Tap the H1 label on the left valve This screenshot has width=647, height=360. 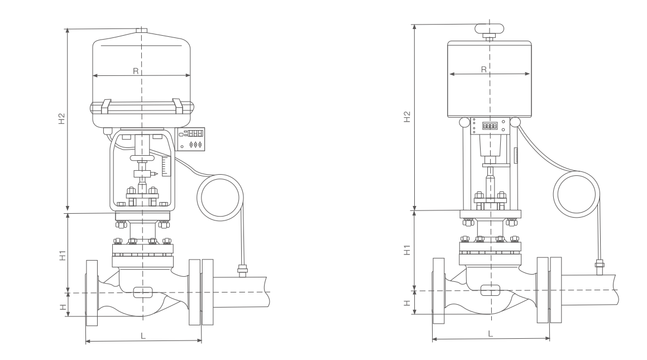pyautogui.click(x=63, y=256)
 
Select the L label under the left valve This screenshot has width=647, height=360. pyautogui.click(x=143, y=336)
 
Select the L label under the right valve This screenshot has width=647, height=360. pyautogui.click(x=491, y=333)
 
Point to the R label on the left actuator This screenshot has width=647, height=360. pyautogui.click(x=136, y=71)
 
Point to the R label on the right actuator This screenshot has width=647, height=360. pyautogui.click(x=483, y=69)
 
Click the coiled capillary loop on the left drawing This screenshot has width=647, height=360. pyautogui.click(x=221, y=198)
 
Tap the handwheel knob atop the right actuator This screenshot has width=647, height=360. pyautogui.click(x=490, y=30)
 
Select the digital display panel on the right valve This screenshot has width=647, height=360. pyautogui.click(x=490, y=126)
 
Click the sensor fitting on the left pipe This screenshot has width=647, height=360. pyautogui.click(x=242, y=272)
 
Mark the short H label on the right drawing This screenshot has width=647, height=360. pyautogui.click(x=407, y=303)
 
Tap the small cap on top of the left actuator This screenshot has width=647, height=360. pyautogui.click(x=142, y=30)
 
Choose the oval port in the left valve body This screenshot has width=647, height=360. pyautogui.click(x=143, y=291)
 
